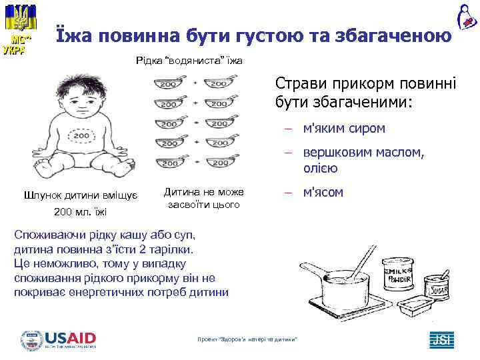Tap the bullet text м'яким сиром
[343, 127]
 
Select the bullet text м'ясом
[323, 193]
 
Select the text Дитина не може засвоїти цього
[204, 198]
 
